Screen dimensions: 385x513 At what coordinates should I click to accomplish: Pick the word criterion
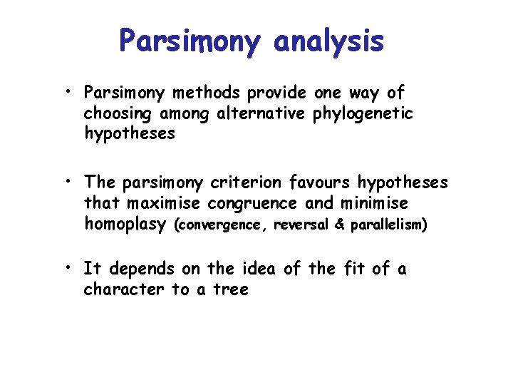tap(261, 183)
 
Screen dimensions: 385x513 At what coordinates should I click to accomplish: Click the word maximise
tap(160, 203)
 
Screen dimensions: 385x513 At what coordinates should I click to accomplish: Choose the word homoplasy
tap(125, 224)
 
